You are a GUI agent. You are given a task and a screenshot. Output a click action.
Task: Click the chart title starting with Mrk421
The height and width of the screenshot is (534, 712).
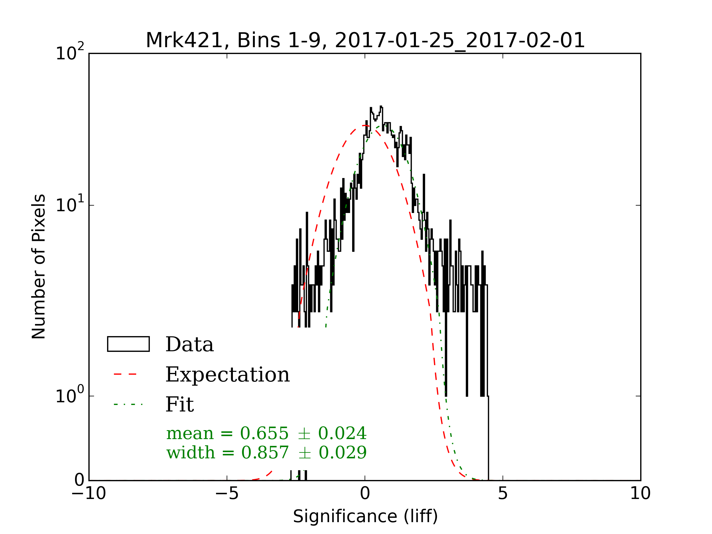365,41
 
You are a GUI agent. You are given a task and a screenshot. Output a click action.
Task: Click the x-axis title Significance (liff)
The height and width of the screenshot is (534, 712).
365,516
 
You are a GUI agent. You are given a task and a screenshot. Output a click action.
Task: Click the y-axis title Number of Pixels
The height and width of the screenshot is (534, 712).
39,266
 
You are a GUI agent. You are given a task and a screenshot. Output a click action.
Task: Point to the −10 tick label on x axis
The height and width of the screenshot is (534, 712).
88,493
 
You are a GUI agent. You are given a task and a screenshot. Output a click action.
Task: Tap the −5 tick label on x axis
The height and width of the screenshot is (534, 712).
227,493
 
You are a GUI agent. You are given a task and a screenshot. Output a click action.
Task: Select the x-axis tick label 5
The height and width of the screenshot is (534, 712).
503,493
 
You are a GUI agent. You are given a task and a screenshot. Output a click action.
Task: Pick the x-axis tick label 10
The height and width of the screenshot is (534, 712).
640,493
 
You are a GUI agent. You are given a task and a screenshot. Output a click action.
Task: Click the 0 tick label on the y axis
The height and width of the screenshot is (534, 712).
79,480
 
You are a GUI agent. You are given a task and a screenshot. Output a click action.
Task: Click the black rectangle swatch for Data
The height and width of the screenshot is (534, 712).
128,344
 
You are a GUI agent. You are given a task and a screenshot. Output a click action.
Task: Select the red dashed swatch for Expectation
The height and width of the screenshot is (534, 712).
125,374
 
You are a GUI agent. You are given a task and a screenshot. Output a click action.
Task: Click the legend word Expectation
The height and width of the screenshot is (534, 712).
228,375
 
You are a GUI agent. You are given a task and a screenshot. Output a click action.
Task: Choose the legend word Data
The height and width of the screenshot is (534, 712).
190,344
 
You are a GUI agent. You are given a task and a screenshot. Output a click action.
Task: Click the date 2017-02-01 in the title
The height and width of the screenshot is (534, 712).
525,41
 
